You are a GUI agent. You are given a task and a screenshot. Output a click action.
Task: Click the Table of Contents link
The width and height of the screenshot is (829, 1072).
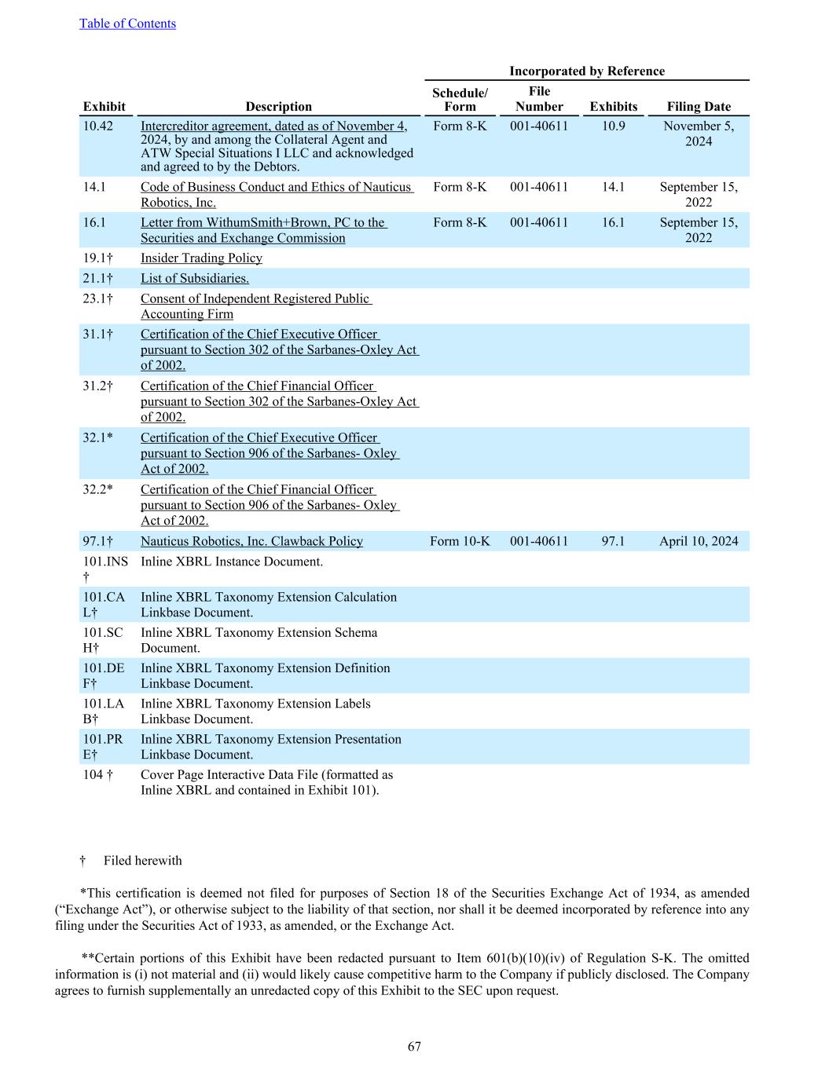click(x=127, y=24)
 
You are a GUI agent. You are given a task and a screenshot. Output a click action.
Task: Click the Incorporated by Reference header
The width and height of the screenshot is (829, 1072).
click(x=586, y=71)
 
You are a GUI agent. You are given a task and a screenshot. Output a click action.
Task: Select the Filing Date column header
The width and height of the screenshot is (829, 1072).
click(x=698, y=107)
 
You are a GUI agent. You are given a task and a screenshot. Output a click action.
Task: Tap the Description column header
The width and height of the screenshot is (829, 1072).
click(x=278, y=107)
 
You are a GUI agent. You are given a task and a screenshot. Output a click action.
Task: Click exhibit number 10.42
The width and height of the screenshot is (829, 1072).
click(x=98, y=126)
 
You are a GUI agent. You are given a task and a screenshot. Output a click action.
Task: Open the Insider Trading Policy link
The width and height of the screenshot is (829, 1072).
click(x=201, y=258)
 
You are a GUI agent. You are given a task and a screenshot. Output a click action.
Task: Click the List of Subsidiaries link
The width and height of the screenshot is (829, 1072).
click(x=195, y=279)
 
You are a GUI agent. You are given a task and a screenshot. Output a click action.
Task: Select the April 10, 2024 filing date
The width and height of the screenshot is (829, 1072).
click(x=698, y=541)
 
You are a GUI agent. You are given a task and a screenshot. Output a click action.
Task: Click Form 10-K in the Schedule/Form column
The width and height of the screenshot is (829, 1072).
click(x=460, y=541)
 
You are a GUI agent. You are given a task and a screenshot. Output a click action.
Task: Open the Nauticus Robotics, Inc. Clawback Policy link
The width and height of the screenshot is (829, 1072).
click(x=251, y=541)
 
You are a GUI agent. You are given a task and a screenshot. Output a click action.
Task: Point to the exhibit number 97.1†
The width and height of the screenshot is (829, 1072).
click(x=98, y=541)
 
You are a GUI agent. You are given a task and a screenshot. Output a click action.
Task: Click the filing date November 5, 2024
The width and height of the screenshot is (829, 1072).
click(x=698, y=134)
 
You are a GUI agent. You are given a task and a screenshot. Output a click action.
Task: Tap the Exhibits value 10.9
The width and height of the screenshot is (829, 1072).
click(x=613, y=126)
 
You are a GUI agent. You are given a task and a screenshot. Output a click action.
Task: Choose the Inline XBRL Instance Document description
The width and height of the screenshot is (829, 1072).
click(x=232, y=562)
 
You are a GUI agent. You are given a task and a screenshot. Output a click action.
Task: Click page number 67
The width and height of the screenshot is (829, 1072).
click(x=414, y=1046)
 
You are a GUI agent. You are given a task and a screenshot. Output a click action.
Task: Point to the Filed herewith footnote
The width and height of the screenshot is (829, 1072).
click(x=142, y=861)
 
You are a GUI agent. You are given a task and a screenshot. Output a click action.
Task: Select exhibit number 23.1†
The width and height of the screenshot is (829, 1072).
click(x=98, y=299)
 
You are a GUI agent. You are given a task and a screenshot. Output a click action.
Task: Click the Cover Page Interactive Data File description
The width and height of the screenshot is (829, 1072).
click(x=266, y=782)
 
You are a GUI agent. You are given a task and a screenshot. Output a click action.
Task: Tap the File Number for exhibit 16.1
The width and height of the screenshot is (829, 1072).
click(x=538, y=223)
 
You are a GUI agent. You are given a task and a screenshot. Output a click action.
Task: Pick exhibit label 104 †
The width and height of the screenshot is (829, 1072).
click(x=98, y=775)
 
